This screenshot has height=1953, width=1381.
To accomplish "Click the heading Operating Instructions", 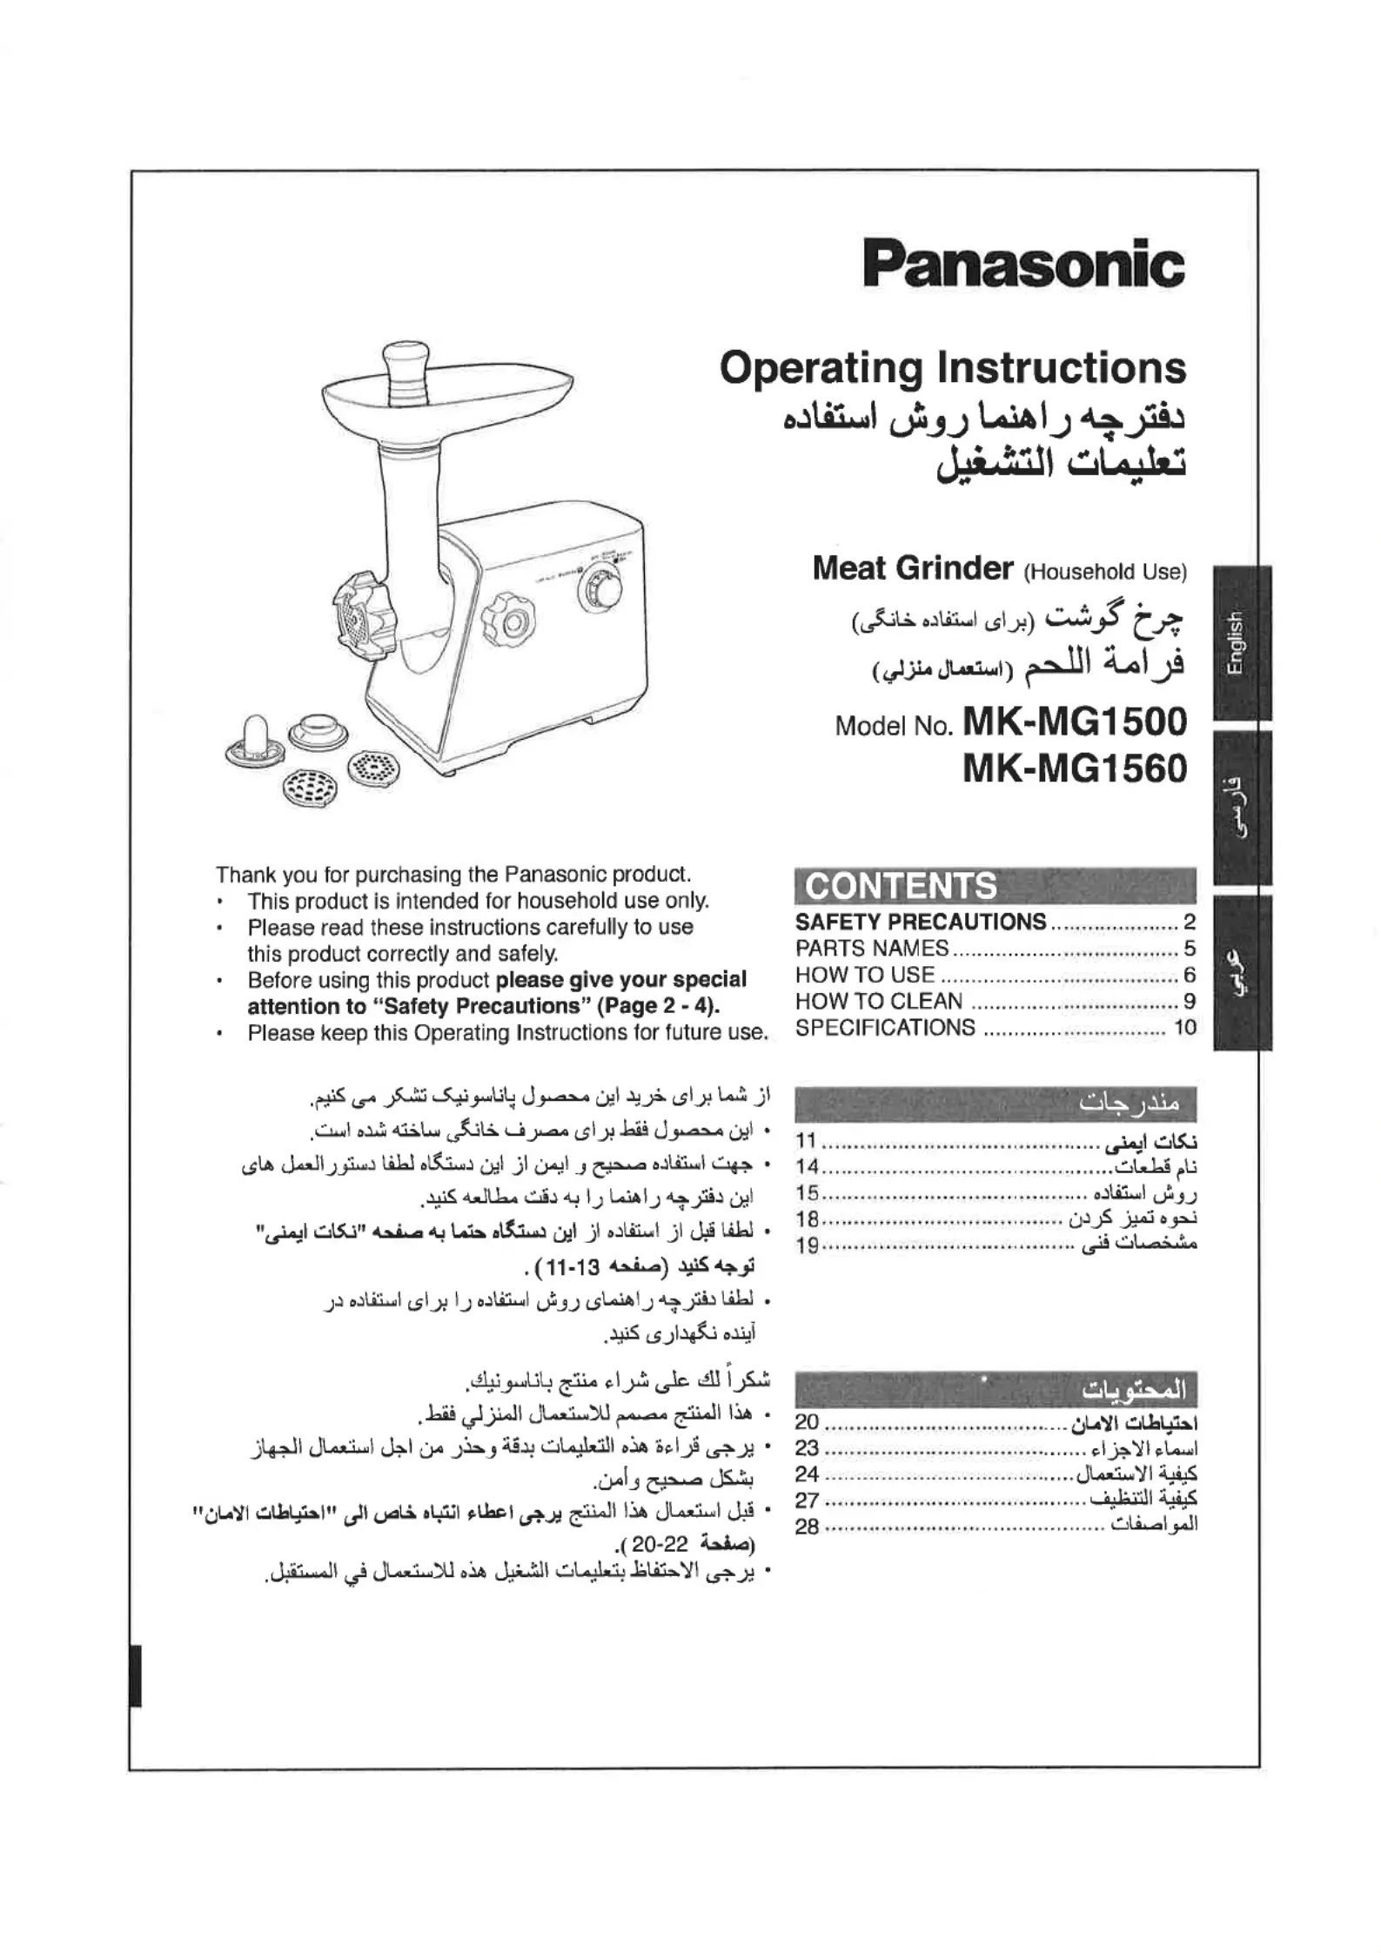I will pyautogui.click(x=952, y=368).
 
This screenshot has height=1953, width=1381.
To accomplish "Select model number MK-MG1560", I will pyautogui.click(x=1075, y=768).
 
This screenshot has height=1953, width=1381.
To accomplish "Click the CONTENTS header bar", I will pyautogui.click(x=995, y=885).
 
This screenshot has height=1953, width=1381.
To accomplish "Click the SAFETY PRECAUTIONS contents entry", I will pyautogui.click(x=921, y=922).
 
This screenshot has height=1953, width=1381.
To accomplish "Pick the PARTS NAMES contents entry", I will pyautogui.click(x=872, y=948).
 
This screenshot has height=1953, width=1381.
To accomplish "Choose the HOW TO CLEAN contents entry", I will pyautogui.click(x=879, y=1001).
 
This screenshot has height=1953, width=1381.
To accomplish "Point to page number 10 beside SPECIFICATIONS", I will pyautogui.click(x=1185, y=1028).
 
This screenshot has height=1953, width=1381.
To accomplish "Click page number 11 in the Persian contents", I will pyautogui.click(x=807, y=1141).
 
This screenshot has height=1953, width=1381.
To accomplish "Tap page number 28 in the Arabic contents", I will pyautogui.click(x=807, y=1527).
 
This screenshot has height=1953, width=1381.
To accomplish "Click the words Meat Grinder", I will pyautogui.click(x=912, y=568).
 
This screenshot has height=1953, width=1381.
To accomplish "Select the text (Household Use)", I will pyautogui.click(x=1105, y=572).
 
